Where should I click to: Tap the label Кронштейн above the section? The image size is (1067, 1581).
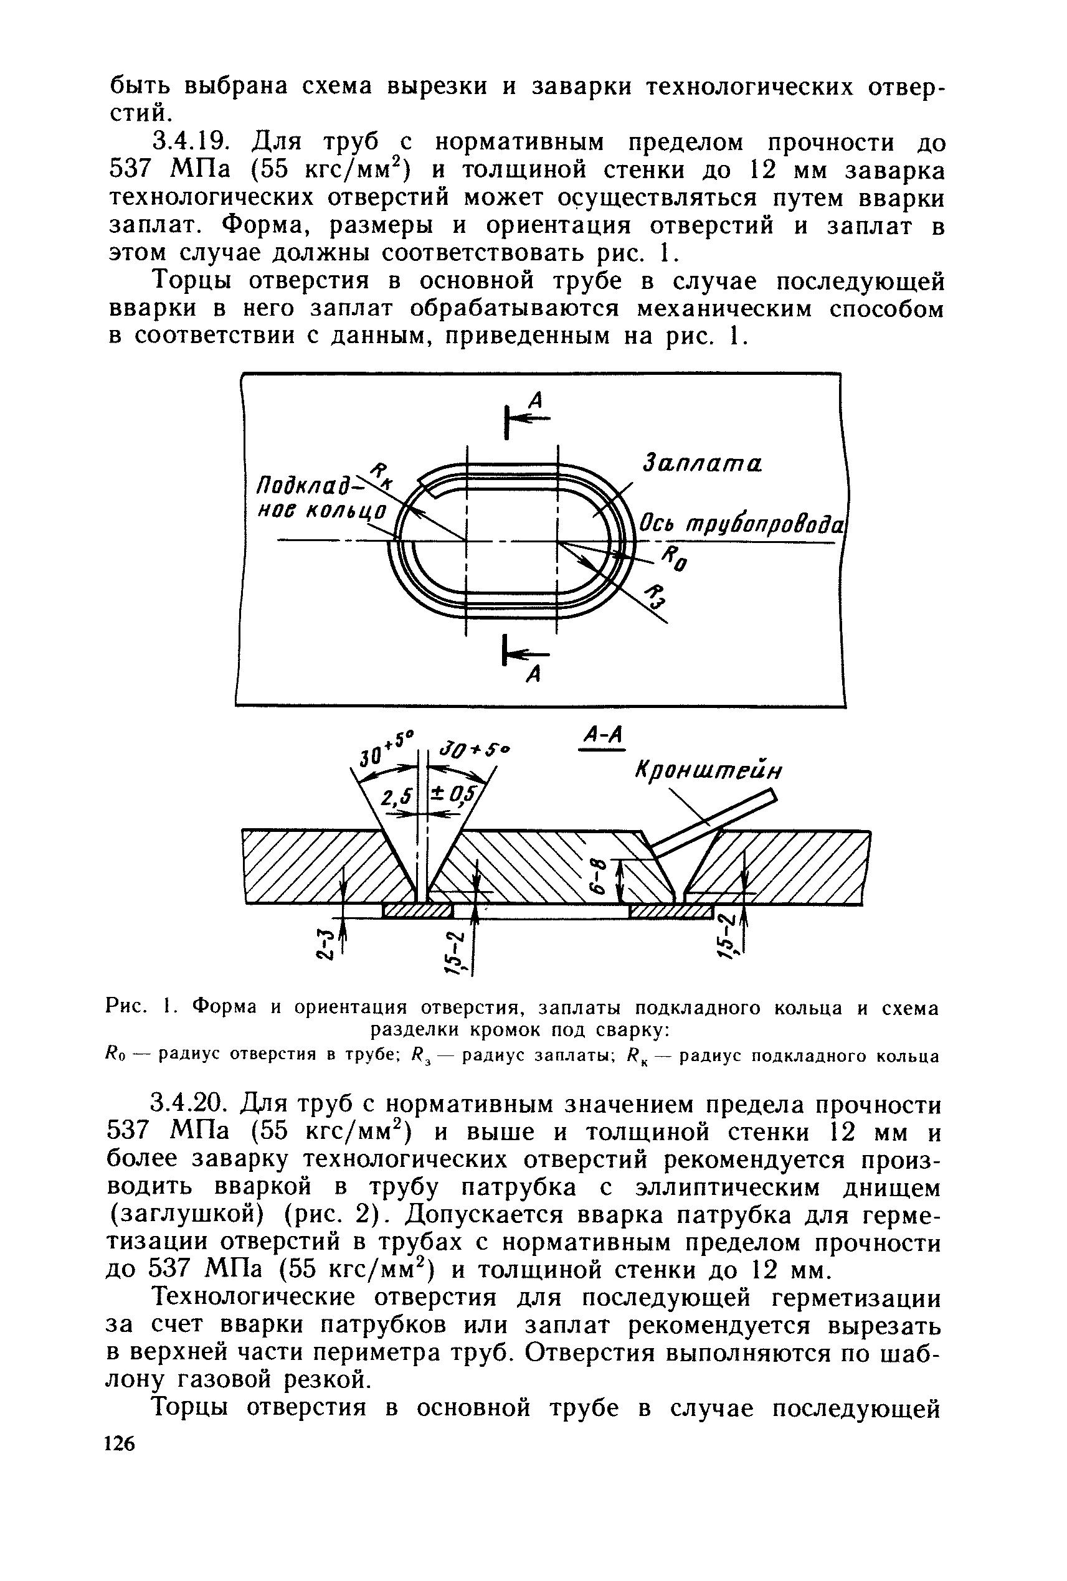coord(708,772)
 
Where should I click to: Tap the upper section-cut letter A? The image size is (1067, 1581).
coord(536,402)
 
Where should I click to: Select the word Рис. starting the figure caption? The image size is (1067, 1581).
coord(127,1008)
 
